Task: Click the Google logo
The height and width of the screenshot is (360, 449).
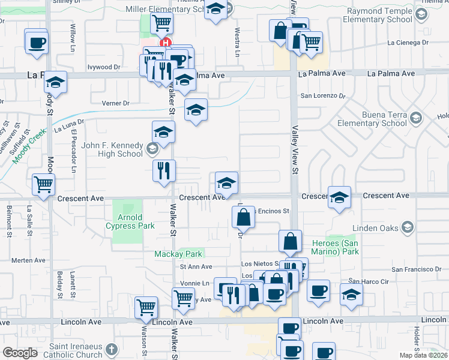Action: (x=20, y=353)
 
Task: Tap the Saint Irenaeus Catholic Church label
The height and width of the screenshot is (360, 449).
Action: (x=76, y=351)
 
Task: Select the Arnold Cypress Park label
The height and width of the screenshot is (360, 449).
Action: (x=130, y=221)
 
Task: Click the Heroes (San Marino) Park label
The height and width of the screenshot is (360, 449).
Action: (x=335, y=247)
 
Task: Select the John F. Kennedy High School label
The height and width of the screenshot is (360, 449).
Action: (x=112, y=149)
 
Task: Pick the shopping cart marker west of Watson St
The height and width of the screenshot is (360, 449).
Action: (x=146, y=308)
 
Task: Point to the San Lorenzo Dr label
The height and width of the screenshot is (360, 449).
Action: (x=323, y=95)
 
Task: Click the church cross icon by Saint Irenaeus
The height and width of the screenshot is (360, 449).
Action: (x=112, y=349)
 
